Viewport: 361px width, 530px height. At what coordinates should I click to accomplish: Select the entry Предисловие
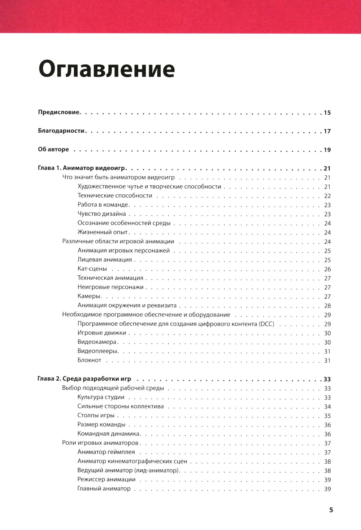coord(59,112)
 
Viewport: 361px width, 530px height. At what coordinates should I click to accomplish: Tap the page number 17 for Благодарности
coord(327,131)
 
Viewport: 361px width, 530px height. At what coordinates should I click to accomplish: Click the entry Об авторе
coord(53,150)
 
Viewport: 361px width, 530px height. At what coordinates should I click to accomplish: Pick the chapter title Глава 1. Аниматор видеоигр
coord(84,168)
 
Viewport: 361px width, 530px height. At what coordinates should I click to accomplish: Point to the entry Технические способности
coord(115,196)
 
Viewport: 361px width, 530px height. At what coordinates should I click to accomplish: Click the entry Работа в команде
coord(103,205)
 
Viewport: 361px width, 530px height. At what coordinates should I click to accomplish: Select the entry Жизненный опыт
coord(103,233)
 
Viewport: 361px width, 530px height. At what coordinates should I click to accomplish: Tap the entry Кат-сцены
coord(92,269)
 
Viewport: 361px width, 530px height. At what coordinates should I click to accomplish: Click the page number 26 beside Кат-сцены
coord(327,269)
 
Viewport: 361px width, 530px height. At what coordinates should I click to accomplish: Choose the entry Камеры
coord(89,296)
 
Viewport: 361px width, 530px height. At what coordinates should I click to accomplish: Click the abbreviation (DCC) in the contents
coord(266,324)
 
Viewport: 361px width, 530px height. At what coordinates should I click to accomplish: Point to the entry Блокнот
coord(89,361)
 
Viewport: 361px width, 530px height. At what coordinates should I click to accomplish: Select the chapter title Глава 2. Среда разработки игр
coord(84,379)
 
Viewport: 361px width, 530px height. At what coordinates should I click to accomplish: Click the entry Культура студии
coord(101,397)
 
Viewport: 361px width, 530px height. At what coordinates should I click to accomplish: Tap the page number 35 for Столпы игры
coord(327,416)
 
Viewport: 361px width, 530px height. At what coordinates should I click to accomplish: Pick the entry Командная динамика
coord(108,434)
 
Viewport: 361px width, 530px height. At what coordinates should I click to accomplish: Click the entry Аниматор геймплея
coord(106,452)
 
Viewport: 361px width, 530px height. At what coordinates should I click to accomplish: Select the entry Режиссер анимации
coord(106,480)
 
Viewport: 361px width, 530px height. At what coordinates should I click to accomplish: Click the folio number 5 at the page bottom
coord(331,510)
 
